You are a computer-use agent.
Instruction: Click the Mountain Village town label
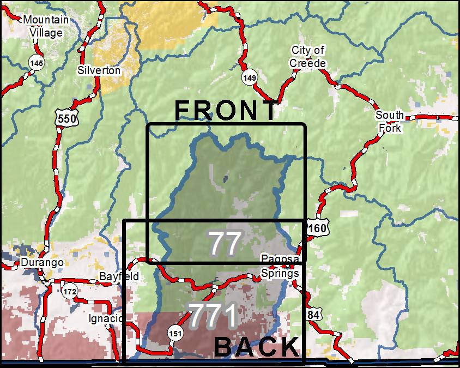tap(46, 26)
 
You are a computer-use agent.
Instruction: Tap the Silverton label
tap(99, 70)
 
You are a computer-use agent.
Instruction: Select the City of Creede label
tap(308, 57)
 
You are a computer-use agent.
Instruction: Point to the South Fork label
tap(390, 122)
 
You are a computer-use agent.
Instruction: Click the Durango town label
tap(43, 263)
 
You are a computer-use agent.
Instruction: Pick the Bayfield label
tap(119, 276)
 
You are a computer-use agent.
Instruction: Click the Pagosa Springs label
tap(280, 266)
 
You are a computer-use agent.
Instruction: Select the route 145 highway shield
tap(37, 64)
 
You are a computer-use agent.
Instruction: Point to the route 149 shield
tap(249, 79)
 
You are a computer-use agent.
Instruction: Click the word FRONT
tap(226, 111)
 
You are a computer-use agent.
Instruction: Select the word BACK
tap(257, 347)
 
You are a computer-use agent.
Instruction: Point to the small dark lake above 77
tap(225, 178)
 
